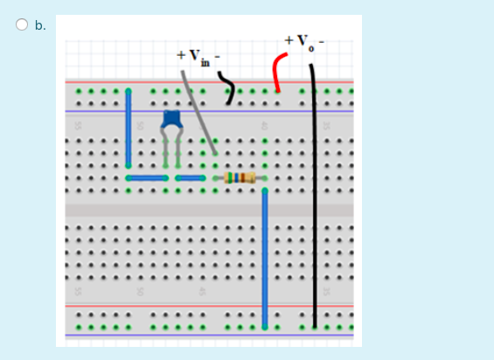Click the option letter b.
tap(40, 25)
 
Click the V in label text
tap(198, 56)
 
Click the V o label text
tap(303, 40)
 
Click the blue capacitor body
tap(171, 120)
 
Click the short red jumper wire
tap(278, 71)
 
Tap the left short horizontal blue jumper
tap(148, 178)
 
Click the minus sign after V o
tap(320, 40)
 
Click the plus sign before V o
tap(288, 40)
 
